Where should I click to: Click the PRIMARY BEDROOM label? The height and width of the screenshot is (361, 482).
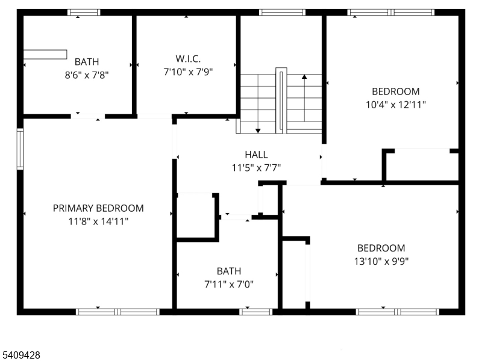[98, 208]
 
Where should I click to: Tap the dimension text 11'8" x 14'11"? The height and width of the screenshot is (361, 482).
[98, 221]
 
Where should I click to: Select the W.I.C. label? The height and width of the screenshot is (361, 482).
[188, 58]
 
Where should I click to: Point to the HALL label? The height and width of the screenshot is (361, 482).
[256, 155]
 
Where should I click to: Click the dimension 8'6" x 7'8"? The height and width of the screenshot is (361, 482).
[87, 74]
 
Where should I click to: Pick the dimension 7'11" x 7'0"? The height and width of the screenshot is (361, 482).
[229, 283]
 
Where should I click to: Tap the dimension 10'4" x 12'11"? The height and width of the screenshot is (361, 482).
[395, 104]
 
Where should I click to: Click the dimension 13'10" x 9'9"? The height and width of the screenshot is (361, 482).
[381, 261]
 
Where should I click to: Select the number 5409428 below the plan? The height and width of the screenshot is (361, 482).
[21, 355]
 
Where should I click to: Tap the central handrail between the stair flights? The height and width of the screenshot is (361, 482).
[281, 100]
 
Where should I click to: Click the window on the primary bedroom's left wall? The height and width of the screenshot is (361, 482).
[20, 149]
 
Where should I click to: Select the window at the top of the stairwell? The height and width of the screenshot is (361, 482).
[281, 12]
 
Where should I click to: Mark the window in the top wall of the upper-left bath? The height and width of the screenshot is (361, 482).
[84, 12]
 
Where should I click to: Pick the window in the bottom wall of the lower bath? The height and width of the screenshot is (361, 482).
[256, 311]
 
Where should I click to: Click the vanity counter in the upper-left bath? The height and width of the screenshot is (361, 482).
[45, 55]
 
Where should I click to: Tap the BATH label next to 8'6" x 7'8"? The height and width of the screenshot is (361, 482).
[87, 61]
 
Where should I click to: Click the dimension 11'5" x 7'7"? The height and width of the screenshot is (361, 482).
[256, 167]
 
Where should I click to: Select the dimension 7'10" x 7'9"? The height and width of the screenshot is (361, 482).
[188, 71]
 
